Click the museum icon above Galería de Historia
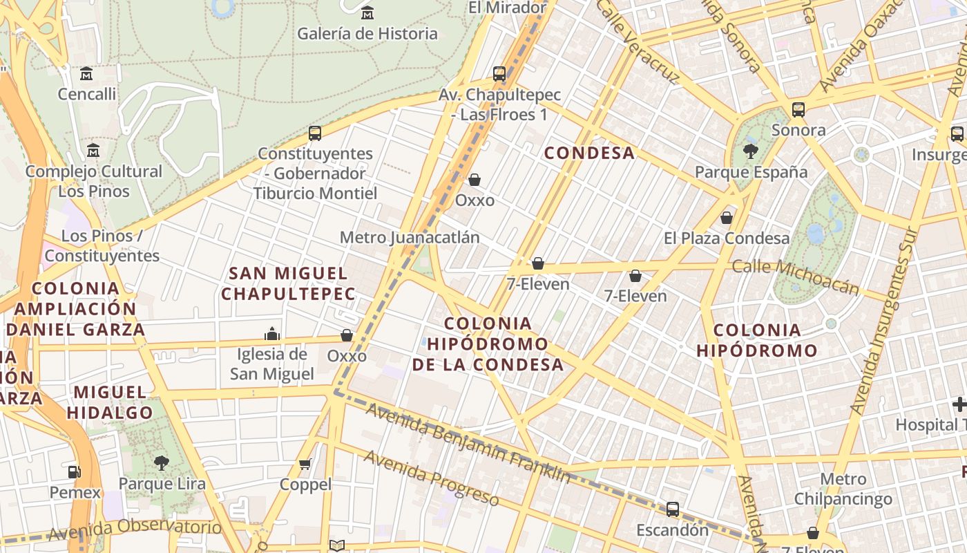[x=367, y=12]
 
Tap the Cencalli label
[x=87, y=94]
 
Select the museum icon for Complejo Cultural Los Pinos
[x=93, y=150]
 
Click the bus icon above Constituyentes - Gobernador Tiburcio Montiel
[x=315, y=133]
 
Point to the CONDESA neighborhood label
[x=589, y=153]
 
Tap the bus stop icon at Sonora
[x=798, y=109]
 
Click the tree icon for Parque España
[x=750, y=151]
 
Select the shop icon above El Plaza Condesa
[x=726, y=218]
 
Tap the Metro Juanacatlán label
[x=410, y=237]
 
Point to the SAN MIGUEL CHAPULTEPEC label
[x=288, y=283]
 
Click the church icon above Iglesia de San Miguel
[x=272, y=335]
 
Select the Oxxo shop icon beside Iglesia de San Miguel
[x=347, y=335]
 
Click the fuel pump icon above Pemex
[x=74, y=471]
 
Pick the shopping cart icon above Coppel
[x=305, y=464]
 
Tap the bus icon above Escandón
[x=672, y=509]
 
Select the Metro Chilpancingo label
[x=843, y=489]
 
